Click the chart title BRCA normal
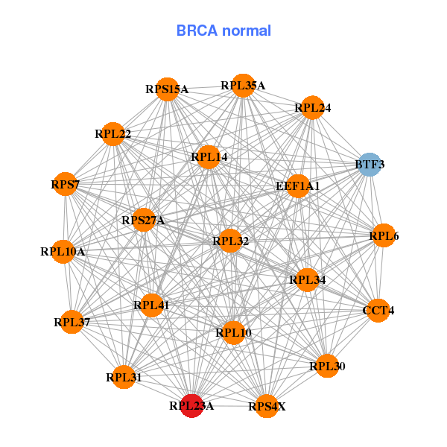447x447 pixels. pos(223,31)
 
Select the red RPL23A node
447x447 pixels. pos(191,406)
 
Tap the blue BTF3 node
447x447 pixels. pos(370,164)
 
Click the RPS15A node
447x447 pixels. pos(167,89)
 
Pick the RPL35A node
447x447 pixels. pos(243,86)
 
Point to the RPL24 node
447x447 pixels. pos(313,108)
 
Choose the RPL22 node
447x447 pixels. pos(113,134)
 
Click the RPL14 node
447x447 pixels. pos(209,157)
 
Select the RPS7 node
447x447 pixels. pos(66,184)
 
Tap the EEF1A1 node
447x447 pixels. pos(297,186)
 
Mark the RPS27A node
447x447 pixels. pos(143,220)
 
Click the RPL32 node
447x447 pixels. pos(230,241)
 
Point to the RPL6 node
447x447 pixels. pos(384,236)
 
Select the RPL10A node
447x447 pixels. pos(63,252)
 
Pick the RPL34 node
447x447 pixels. pos(308,280)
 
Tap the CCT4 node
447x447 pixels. pos(378,310)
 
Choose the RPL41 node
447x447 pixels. pos(151,305)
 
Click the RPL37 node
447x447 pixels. pos(72,322)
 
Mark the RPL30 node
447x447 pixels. pos(327,366)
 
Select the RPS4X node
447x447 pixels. pos(267,406)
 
